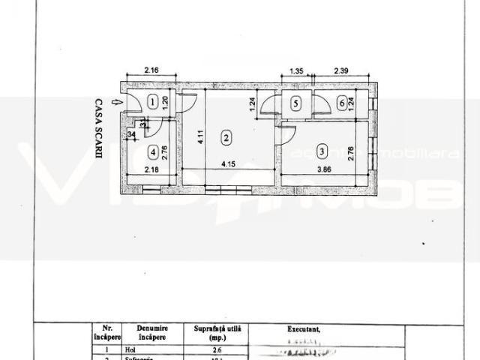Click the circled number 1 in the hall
click(x=152, y=103)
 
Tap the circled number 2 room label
click(x=224, y=137)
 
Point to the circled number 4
click(x=153, y=152)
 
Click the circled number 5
click(x=295, y=104)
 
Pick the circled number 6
click(x=342, y=104)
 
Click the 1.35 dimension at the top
click(x=295, y=70)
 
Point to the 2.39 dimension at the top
click(x=343, y=70)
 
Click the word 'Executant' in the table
click(x=305, y=328)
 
